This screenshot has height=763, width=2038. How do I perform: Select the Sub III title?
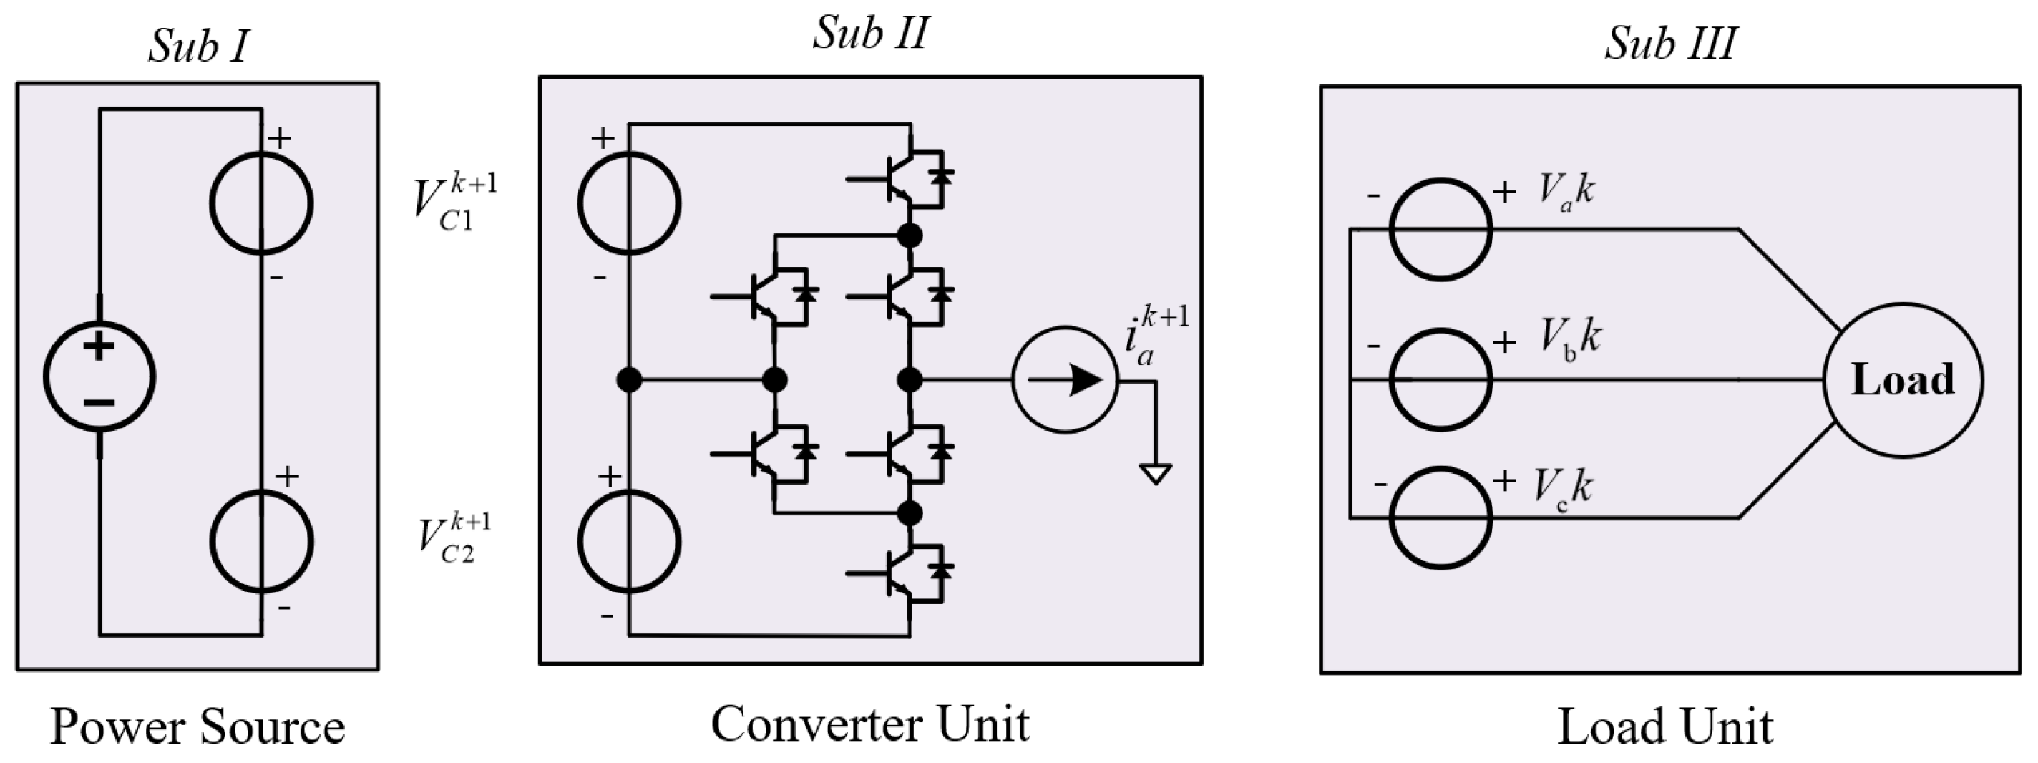1669,44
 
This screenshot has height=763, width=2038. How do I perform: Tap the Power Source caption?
198,726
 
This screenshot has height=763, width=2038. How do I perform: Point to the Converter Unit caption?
870,724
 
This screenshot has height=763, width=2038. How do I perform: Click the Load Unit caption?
1665,726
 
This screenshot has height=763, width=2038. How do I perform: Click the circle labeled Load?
1903,380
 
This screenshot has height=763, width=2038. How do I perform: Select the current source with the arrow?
1065,380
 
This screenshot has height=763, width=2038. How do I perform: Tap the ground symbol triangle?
1155,474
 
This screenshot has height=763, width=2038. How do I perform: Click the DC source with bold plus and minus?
99,376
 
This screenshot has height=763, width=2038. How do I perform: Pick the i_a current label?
1155,336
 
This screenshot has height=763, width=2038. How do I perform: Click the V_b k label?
1569,339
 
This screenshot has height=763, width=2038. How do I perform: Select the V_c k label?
1564,487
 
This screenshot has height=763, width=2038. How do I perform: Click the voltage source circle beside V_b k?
1440,380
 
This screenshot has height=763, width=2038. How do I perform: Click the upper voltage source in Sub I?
261,203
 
